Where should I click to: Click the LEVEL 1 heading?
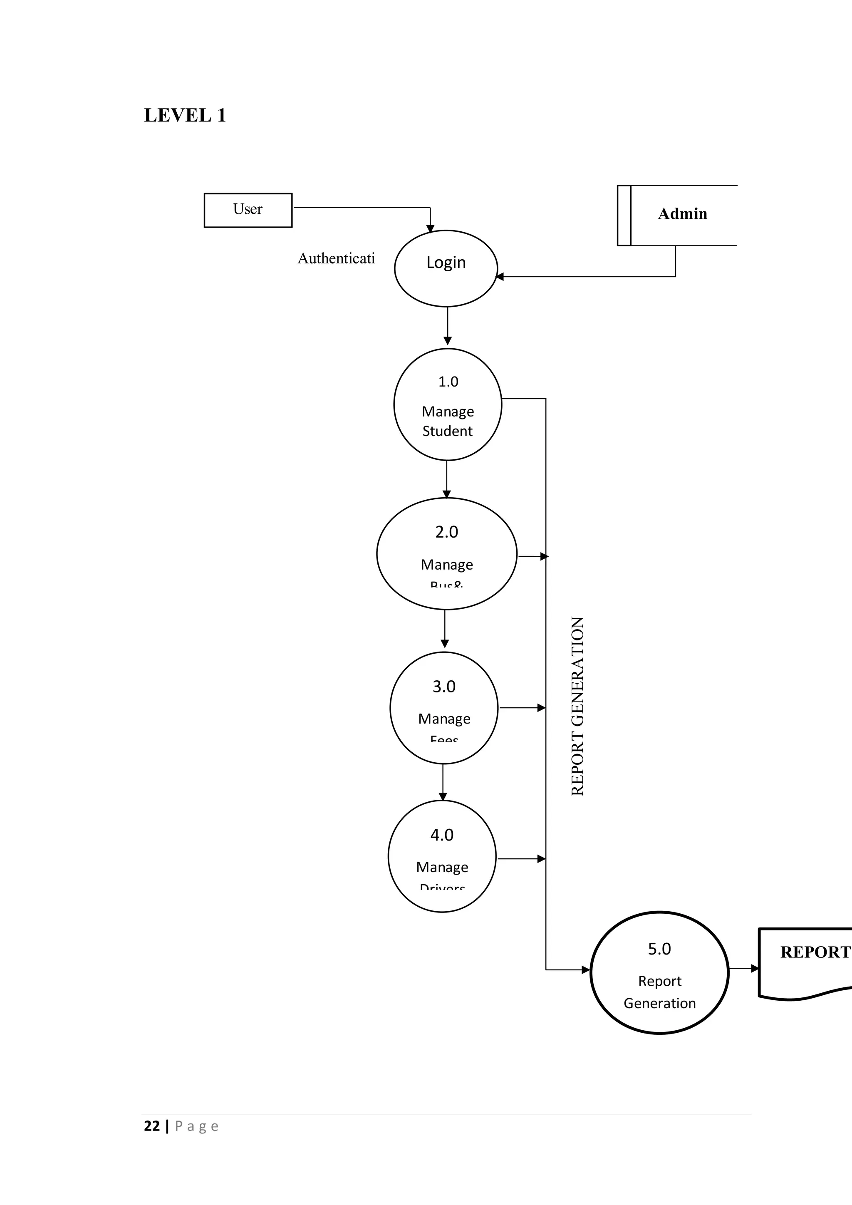point(185,115)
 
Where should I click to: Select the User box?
point(248,210)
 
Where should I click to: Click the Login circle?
point(446,268)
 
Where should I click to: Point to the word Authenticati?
point(336,258)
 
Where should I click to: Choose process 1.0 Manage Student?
point(448,404)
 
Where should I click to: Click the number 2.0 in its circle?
point(446,532)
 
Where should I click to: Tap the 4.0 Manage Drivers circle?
point(442,856)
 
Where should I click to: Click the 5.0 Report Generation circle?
point(659,972)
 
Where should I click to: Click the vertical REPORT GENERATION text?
point(577,706)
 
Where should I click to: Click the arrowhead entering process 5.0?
point(586,970)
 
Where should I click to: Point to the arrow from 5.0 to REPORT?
point(744,968)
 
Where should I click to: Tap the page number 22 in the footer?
point(151,1126)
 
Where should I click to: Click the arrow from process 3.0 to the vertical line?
point(522,708)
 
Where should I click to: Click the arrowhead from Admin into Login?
point(500,277)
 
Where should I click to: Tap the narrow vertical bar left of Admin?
point(624,215)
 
